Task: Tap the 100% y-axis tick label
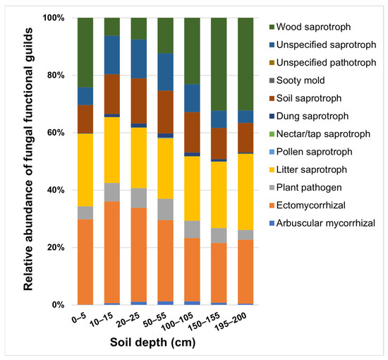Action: (55, 18)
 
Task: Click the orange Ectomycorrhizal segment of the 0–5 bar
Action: (85, 262)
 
